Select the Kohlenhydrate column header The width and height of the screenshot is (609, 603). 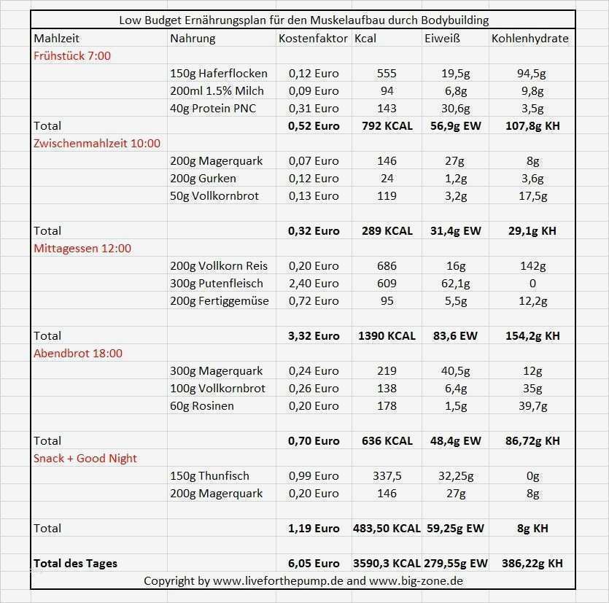[530, 38]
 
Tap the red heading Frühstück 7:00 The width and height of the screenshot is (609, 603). [72, 55]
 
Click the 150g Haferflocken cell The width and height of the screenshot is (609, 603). [218, 73]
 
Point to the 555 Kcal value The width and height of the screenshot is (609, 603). [387, 73]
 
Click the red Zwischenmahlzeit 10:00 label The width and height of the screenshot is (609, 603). [97, 143]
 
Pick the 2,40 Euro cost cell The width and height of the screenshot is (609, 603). [314, 283]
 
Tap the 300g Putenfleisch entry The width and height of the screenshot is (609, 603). [216, 283]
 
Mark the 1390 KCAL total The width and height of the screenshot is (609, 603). [387, 335]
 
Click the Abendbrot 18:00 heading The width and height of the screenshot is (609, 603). [78, 353]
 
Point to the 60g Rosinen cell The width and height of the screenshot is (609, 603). [201, 405]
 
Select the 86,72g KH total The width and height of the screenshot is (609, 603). [532, 440]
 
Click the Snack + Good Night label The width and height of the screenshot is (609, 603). [85, 458]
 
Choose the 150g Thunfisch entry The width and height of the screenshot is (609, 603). [209, 475]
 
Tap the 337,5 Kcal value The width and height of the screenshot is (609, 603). [387, 475]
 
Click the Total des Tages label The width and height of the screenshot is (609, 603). [75, 563]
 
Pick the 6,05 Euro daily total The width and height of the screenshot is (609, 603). [314, 563]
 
